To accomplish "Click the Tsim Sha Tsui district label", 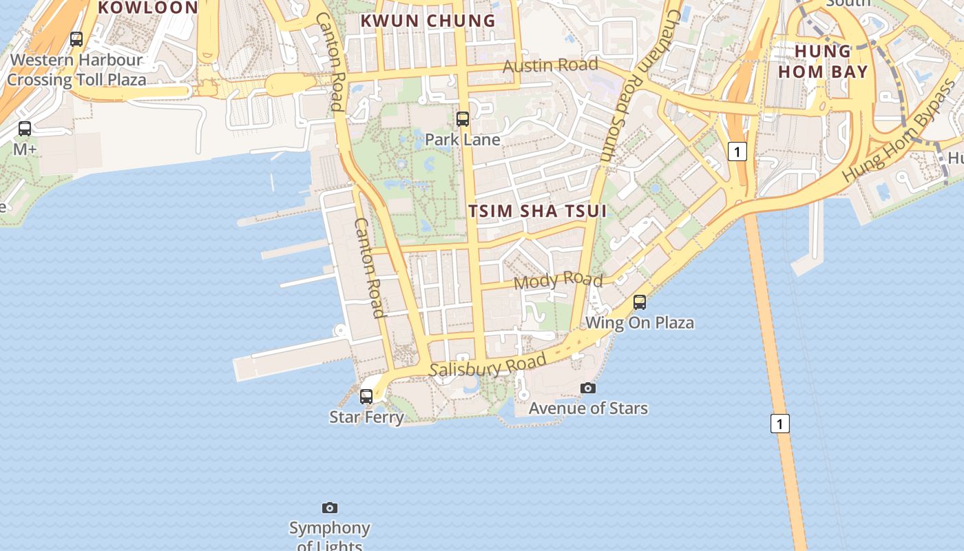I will point(538,211).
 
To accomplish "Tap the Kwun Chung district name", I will point(428,21).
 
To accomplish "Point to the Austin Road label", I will point(550,65).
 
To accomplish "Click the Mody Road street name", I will point(558,280).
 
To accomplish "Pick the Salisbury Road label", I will point(488,365).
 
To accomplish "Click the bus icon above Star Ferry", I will point(366,397).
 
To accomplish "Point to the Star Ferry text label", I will point(366,417).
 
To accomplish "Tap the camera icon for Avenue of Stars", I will point(587,388).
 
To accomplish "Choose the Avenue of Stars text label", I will point(588,408).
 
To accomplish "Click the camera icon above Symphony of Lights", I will point(330,508).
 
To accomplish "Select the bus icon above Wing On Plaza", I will point(640,302).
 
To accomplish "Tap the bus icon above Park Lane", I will point(463,119).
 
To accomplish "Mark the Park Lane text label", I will point(463,139).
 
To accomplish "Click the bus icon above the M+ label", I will point(25,129).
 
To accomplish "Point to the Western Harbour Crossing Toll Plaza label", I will point(76,70).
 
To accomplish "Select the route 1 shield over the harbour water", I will point(779,424).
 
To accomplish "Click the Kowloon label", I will point(148,8).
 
